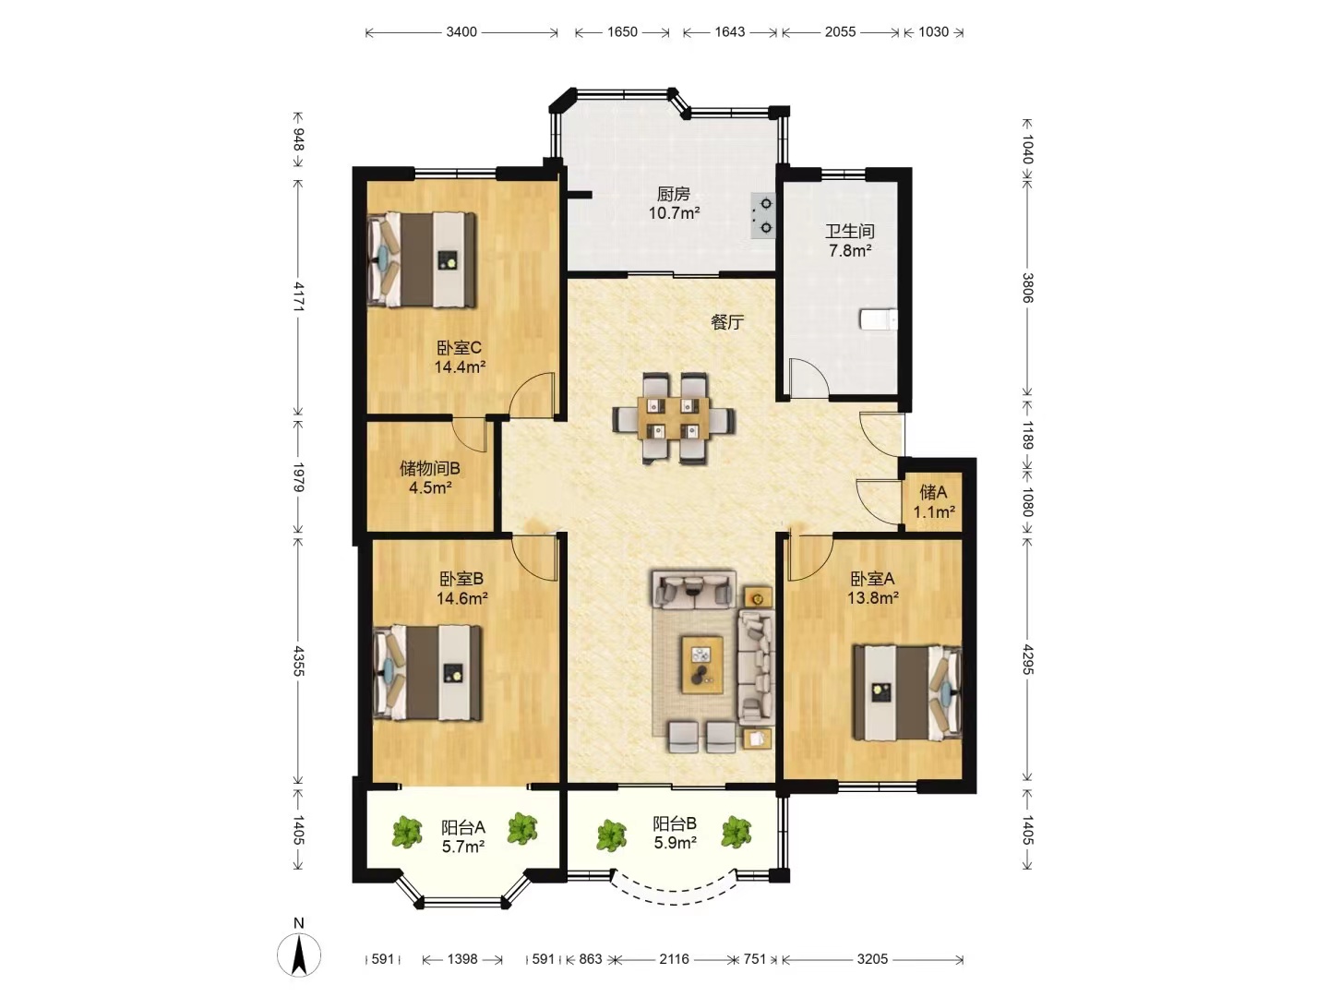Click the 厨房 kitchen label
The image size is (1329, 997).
(x=674, y=194)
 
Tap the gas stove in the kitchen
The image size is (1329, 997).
(x=763, y=215)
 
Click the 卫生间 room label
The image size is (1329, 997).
(x=849, y=231)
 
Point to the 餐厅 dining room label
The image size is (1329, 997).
(x=727, y=323)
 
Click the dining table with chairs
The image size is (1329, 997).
(x=674, y=419)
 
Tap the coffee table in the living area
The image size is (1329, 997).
(x=702, y=664)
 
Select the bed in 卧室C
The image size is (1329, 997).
(x=422, y=259)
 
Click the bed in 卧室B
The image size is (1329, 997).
(x=427, y=673)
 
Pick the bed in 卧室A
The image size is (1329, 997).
(x=907, y=693)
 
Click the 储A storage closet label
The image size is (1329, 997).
(x=933, y=492)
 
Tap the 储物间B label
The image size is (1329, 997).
(x=430, y=469)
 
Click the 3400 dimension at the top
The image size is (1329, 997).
(x=461, y=32)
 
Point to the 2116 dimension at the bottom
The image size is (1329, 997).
(x=674, y=959)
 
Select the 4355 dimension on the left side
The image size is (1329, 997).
(x=298, y=661)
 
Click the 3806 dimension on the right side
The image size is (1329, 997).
(x=1027, y=287)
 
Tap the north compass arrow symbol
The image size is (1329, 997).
(x=298, y=955)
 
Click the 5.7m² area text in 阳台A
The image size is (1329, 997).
(x=462, y=847)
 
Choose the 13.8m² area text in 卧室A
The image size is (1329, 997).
(x=872, y=598)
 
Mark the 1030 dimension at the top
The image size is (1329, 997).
(x=933, y=32)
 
